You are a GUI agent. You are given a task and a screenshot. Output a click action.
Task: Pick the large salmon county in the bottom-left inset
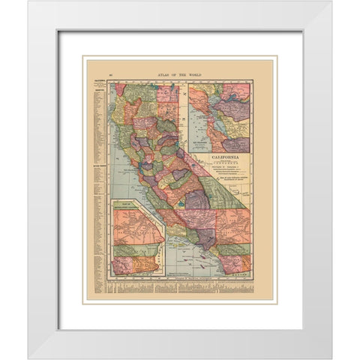(x=135, y=225)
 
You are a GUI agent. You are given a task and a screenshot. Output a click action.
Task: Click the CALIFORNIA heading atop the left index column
(x=96, y=80)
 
